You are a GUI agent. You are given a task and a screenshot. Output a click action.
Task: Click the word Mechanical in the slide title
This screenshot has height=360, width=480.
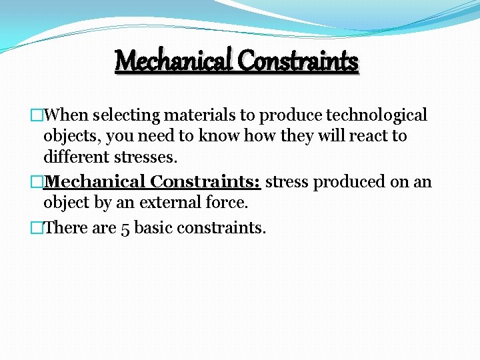click(174, 61)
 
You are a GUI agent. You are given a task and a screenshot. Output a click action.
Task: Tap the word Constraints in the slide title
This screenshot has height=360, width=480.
click(298, 61)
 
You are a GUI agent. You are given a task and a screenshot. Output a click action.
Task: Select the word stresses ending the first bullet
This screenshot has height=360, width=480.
click(147, 158)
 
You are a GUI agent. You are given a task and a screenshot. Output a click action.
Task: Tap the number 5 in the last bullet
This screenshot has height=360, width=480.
click(125, 228)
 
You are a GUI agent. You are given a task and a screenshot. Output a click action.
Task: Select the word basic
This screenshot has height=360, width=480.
click(153, 227)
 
